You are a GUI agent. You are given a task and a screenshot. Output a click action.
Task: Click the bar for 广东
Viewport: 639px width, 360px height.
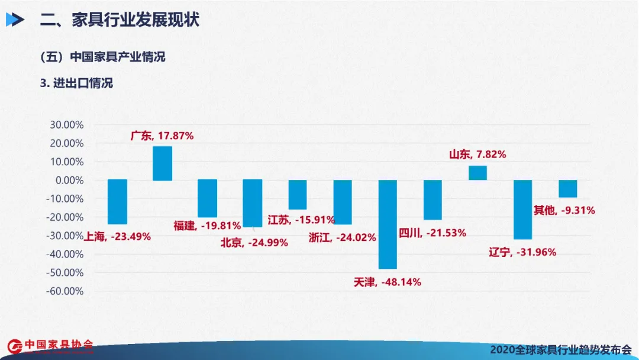(x=162, y=163)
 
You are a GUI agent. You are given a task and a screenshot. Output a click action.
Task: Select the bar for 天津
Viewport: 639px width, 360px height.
(x=388, y=224)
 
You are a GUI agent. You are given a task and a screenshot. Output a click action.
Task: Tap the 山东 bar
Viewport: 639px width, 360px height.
(x=477, y=173)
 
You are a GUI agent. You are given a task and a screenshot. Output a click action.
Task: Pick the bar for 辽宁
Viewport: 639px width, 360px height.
(x=522, y=209)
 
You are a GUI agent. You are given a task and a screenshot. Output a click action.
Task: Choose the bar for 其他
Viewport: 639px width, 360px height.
(x=567, y=189)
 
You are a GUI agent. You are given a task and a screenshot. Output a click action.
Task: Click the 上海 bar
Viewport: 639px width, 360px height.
(x=117, y=202)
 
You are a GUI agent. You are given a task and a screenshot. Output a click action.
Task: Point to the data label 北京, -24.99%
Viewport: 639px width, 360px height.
(x=254, y=242)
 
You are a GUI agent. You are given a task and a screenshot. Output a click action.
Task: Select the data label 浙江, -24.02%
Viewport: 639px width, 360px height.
(x=343, y=237)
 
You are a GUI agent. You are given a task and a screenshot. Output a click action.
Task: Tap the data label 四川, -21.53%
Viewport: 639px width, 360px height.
(x=433, y=233)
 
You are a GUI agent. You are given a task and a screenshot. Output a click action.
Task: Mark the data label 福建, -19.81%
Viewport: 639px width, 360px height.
(x=207, y=225)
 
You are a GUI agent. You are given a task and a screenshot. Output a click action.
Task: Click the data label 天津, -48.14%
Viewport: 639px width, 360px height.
(x=387, y=282)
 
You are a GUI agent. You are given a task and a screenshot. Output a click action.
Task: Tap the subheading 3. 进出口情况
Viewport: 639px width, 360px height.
(x=76, y=83)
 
